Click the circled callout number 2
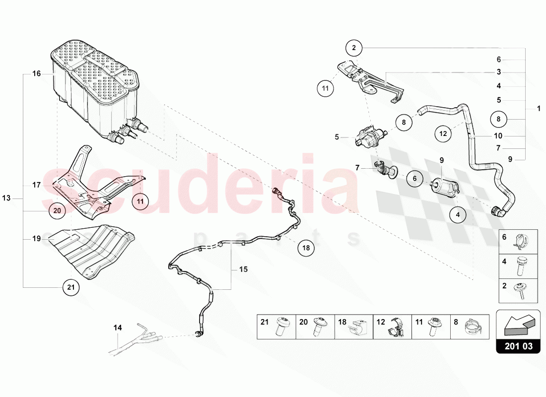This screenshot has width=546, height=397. click(x=354, y=48)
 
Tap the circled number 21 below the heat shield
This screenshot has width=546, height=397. click(x=70, y=287)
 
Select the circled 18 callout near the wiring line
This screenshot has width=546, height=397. click(x=306, y=248)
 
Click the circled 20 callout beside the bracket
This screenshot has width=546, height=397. click(x=57, y=210)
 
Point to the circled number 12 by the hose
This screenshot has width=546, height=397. click(x=443, y=133)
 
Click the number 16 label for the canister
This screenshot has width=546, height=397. click(x=36, y=74)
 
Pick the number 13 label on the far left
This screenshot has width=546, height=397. click(x=6, y=198)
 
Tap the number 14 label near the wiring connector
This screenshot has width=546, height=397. click(x=118, y=328)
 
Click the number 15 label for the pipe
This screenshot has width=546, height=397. click(x=243, y=269)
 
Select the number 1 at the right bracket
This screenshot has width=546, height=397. click(x=539, y=108)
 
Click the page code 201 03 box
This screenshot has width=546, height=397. click(x=518, y=346)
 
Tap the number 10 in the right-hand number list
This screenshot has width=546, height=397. click(x=498, y=135)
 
